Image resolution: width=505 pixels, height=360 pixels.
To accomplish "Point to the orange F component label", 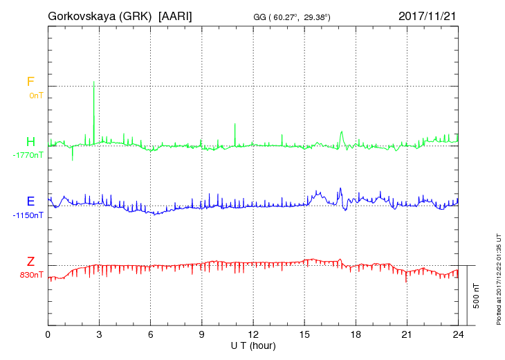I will [30, 82].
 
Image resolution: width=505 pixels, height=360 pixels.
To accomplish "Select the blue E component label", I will [30, 202].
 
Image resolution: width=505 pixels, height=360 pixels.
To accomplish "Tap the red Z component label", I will [30, 262].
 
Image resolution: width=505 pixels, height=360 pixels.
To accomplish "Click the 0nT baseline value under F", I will [35, 96].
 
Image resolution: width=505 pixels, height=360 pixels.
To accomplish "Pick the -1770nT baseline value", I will [28, 155].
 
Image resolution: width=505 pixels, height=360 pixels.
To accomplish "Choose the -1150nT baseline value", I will [28, 215].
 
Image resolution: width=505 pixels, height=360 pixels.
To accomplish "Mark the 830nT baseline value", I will [32, 275].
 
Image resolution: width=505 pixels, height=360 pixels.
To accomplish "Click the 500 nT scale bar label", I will [476, 295].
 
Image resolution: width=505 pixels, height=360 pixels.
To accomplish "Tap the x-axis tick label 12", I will [253, 334].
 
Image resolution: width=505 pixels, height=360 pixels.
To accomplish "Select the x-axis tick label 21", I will [407, 334].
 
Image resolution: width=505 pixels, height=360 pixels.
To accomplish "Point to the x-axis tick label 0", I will [48, 334].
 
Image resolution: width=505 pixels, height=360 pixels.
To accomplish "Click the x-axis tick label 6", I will [151, 334].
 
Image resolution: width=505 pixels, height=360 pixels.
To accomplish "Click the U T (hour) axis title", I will [253, 345].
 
